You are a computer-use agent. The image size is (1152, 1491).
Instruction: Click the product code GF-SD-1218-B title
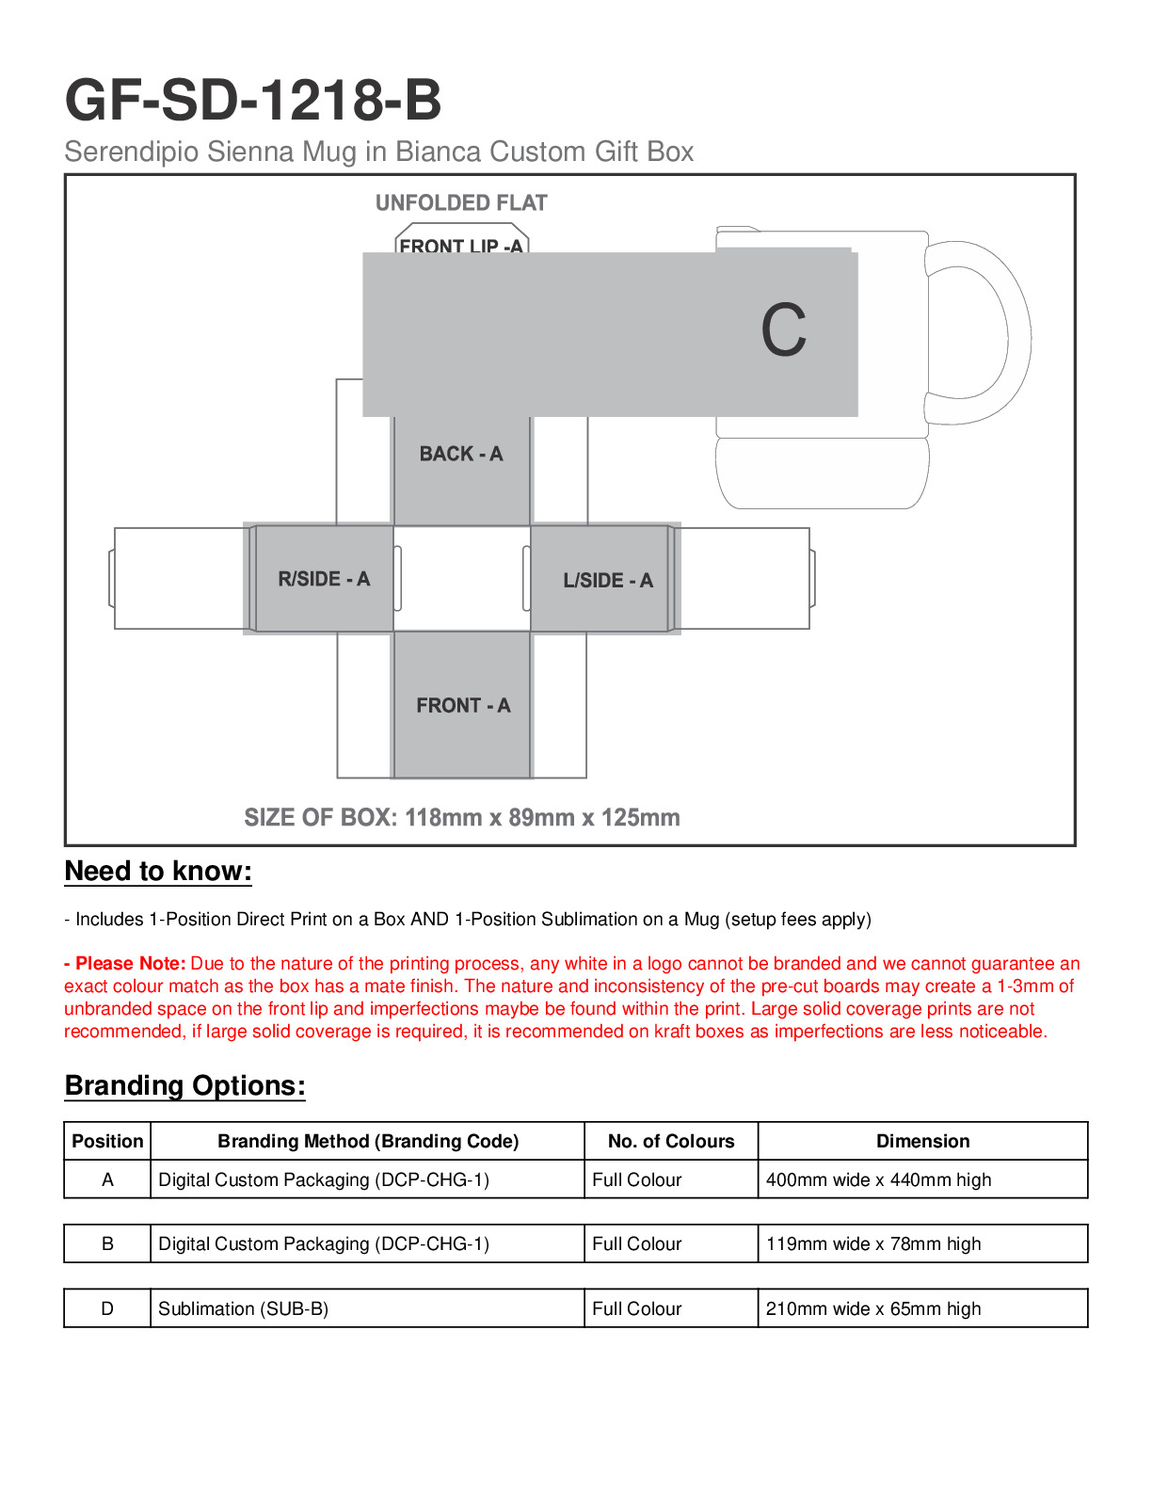(x=252, y=100)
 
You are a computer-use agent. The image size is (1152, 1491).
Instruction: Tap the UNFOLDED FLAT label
(x=461, y=203)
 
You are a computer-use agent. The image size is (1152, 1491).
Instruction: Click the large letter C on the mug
(x=783, y=330)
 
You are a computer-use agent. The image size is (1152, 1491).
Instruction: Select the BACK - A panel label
(x=461, y=454)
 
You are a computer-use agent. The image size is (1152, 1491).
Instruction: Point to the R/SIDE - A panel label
(x=324, y=579)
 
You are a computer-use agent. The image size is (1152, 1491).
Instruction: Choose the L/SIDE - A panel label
(x=607, y=580)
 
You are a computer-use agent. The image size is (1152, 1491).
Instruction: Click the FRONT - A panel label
(x=463, y=705)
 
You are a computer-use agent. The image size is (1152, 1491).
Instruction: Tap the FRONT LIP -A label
(x=460, y=245)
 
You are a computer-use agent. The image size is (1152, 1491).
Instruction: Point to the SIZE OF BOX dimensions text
(x=461, y=817)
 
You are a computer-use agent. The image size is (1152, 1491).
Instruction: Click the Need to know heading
(x=158, y=871)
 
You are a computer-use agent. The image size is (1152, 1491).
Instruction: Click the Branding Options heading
(x=184, y=1085)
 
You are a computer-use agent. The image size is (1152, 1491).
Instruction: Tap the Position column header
(x=107, y=1141)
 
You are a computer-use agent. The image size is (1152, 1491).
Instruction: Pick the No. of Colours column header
(x=670, y=1141)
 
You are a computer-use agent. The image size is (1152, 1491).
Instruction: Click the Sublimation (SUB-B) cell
(x=243, y=1308)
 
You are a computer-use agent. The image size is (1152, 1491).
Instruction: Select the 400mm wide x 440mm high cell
(x=878, y=1179)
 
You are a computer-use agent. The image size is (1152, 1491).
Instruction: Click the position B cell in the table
(x=107, y=1243)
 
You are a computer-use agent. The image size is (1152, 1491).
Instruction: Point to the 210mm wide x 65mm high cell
(x=872, y=1308)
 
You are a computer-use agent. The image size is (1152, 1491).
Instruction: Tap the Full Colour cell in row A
(x=636, y=1179)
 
